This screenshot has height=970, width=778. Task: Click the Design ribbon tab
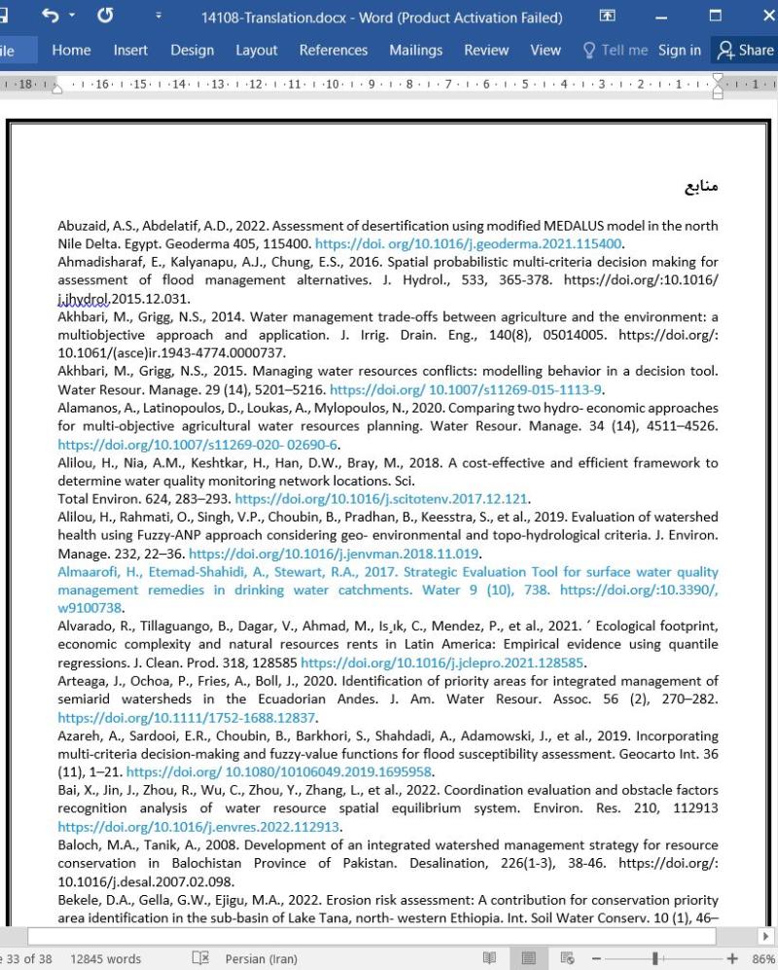tap(192, 51)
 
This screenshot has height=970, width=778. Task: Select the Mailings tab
tap(415, 51)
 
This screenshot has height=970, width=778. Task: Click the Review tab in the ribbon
tap(486, 51)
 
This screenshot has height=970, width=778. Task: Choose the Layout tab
tap(257, 51)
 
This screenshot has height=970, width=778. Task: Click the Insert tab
tap(130, 51)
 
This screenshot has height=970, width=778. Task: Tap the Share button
tap(745, 51)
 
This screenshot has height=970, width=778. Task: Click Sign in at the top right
tap(679, 51)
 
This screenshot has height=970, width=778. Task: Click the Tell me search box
tap(616, 51)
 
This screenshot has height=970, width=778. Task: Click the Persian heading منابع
tap(700, 186)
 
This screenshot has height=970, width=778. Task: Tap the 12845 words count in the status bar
tap(105, 958)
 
